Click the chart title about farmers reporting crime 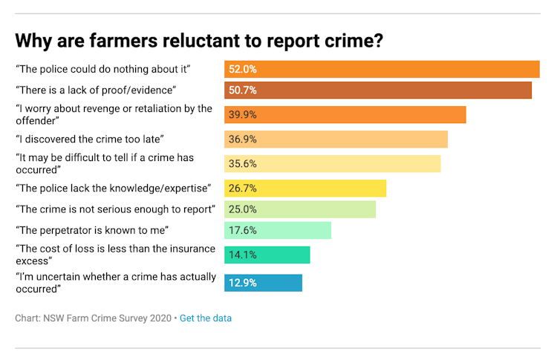(x=199, y=39)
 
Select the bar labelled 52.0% (x=382, y=69)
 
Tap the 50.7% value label (x=243, y=91)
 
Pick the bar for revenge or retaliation (x=345, y=115)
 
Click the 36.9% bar (x=336, y=140)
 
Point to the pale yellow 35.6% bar (x=332, y=163)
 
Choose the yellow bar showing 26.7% (x=305, y=188)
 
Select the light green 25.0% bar (x=300, y=209)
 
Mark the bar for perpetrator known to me (x=278, y=230)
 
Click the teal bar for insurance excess (x=267, y=255)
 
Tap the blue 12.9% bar (x=263, y=283)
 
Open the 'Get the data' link (x=206, y=318)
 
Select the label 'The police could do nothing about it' (x=104, y=69)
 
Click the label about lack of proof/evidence (x=96, y=90)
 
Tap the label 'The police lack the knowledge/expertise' (x=114, y=188)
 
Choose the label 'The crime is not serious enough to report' (x=115, y=209)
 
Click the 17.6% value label (x=243, y=230)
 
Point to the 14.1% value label (x=243, y=255)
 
